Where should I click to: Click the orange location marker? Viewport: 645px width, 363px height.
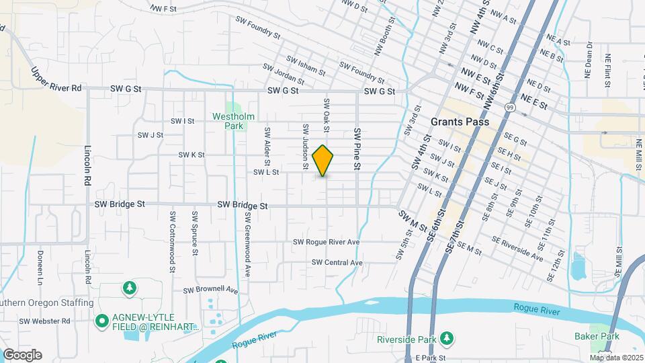323,161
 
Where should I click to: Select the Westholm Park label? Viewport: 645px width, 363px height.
233,120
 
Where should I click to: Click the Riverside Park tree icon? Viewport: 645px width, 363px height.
453,338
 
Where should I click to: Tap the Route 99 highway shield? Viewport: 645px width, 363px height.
511,107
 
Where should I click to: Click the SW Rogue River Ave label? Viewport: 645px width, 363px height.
327,242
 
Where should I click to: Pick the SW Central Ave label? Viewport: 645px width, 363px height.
337,262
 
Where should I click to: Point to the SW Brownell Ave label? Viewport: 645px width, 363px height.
211,290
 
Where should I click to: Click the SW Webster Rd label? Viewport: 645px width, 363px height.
44,321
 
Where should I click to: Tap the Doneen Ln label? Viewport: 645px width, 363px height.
40,266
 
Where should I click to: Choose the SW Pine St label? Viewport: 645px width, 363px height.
358,149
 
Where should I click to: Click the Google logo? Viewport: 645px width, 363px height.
22,354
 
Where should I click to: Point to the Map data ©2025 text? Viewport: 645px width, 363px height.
616,358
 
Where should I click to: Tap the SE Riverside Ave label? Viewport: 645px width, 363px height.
517,248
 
